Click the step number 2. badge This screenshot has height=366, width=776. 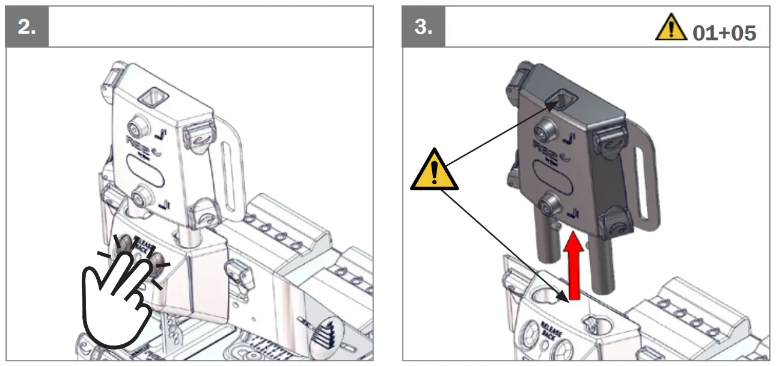pyautogui.click(x=26, y=27)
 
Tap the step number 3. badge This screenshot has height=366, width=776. pyautogui.click(x=423, y=27)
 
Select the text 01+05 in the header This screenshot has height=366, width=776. pyautogui.click(x=724, y=33)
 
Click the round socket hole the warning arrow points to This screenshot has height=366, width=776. pyautogui.click(x=546, y=294)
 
